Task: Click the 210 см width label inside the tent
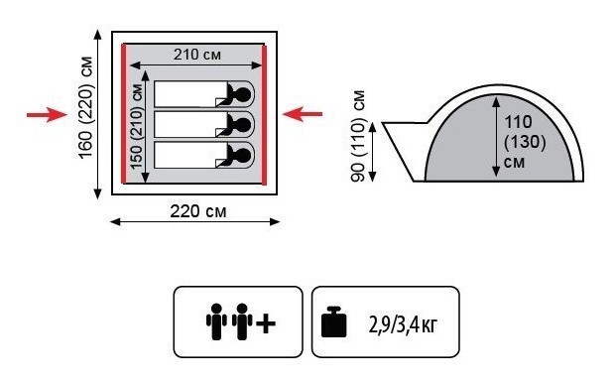point(197,55)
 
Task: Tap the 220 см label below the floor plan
point(198,211)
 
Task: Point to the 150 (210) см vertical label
point(137,126)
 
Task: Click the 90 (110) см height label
point(357,136)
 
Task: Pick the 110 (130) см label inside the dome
point(524,141)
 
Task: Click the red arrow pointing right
point(47,115)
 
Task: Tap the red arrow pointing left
point(302,114)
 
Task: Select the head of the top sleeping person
point(242,94)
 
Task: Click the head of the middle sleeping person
point(242,125)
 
